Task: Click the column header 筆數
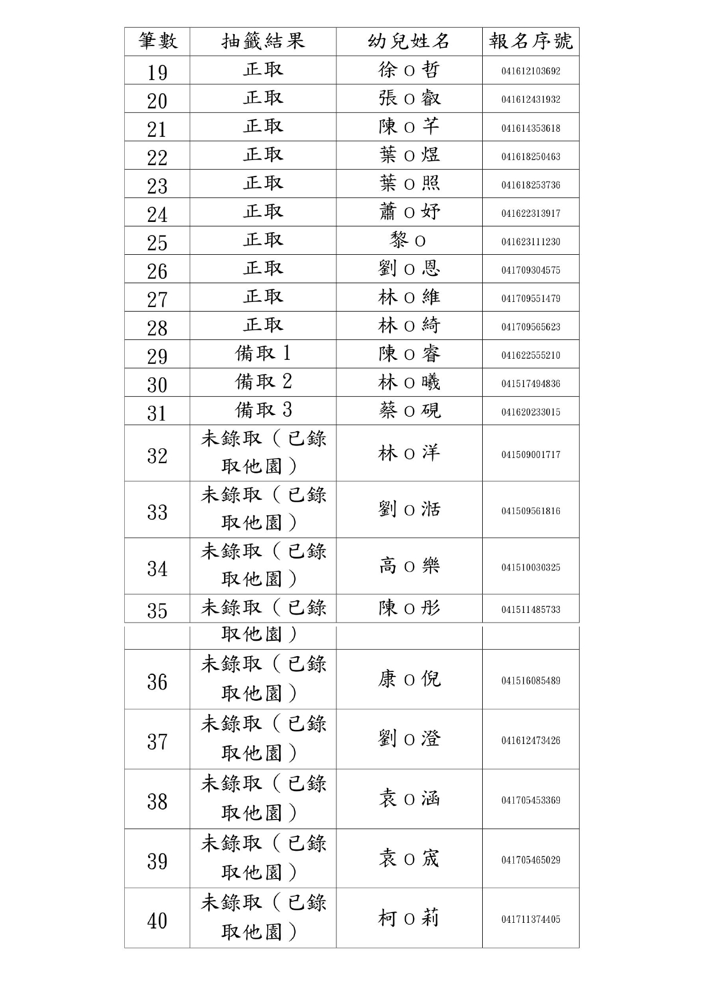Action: pyautogui.click(x=157, y=41)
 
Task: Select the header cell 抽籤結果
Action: pyautogui.click(x=263, y=41)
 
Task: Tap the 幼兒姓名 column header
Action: pyautogui.click(x=408, y=41)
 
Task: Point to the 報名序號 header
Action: pyautogui.click(x=530, y=41)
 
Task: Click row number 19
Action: pyautogui.click(x=157, y=72)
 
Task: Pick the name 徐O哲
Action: pyautogui.click(x=408, y=70)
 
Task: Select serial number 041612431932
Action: pyautogui.click(x=530, y=99)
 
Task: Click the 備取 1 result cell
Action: pyautogui.click(x=263, y=354)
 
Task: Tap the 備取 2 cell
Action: pyautogui.click(x=263, y=382)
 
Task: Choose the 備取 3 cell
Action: pyautogui.click(x=263, y=410)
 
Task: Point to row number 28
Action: pyautogui.click(x=157, y=327)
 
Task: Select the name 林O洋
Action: pyautogui.click(x=408, y=453)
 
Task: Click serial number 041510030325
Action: pyautogui.click(x=530, y=567)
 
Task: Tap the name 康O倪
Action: pyautogui.click(x=408, y=679)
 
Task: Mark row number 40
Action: pyautogui.click(x=157, y=921)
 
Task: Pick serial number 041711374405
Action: pyautogui.click(x=530, y=919)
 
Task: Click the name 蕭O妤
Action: pyautogui.click(x=408, y=212)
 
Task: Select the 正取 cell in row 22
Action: pyautogui.click(x=263, y=155)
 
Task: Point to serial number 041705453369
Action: pyautogui.click(x=530, y=800)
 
